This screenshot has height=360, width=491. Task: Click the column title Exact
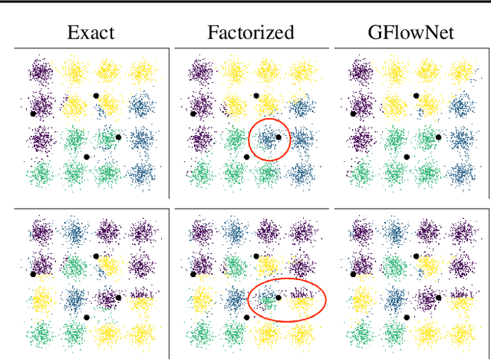pos(91,33)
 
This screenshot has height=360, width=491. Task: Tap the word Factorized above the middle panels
pos(251,33)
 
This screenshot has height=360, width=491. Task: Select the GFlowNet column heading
pos(410,33)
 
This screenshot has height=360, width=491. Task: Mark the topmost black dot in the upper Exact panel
pos(96,95)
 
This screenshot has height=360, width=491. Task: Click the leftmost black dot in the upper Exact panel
pos(33,113)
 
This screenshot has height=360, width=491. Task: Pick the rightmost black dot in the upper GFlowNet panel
pos(439,137)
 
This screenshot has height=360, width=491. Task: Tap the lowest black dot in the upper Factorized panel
pos(246,157)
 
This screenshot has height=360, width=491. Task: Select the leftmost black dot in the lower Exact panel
pos(33,273)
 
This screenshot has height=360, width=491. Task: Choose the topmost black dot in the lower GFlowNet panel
pos(417,256)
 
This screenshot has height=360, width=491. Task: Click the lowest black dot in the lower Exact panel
pos(87,317)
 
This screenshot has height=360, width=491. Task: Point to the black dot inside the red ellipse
pos(278,298)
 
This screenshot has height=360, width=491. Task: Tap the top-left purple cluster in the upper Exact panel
pos(40,72)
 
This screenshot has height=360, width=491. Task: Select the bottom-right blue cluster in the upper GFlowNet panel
pos(460,174)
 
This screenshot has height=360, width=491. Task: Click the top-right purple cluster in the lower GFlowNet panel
pos(460,233)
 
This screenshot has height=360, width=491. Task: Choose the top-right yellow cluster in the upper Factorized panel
pos(301,72)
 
